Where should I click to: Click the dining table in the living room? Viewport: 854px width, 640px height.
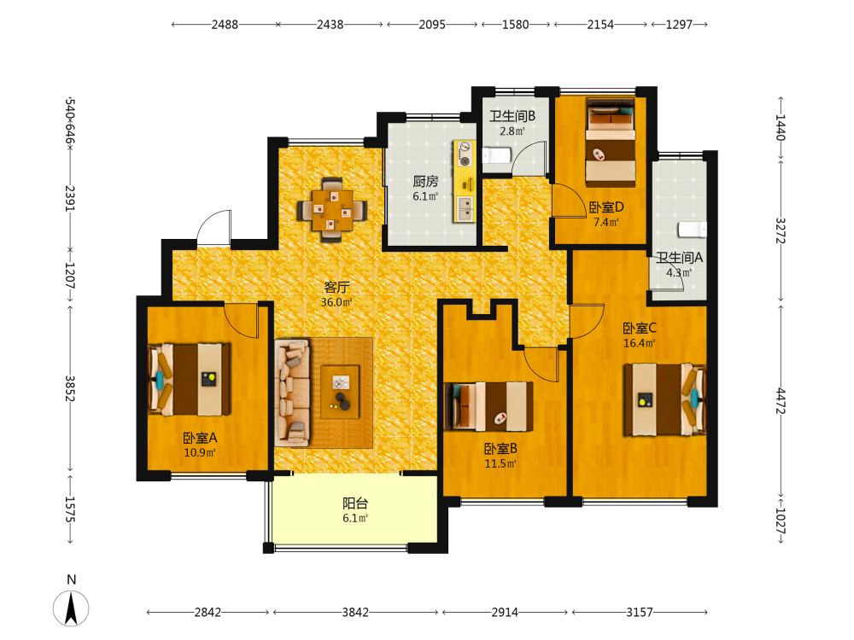coord(332,210)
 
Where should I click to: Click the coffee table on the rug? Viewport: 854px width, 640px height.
coord(341,392)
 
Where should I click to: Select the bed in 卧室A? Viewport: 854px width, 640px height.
coord(189,380)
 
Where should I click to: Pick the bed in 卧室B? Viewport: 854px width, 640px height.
coord(488,406)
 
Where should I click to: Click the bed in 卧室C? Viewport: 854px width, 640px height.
coord(665,400)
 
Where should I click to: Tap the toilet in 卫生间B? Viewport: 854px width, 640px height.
coord(495,155)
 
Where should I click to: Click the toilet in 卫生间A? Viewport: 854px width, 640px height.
coord(693,230)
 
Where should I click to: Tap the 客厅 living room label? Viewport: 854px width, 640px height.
coord(336,287)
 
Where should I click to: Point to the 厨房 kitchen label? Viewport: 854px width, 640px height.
coord(425,181)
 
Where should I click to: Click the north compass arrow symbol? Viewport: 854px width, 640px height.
coord(71,608)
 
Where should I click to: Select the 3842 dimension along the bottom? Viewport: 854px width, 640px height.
coord(355,612)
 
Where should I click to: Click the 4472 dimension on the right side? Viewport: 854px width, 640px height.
coord(781,400)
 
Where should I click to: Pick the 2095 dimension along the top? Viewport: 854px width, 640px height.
coord(432,25)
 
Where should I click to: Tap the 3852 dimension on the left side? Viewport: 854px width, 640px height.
coord(70,388)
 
